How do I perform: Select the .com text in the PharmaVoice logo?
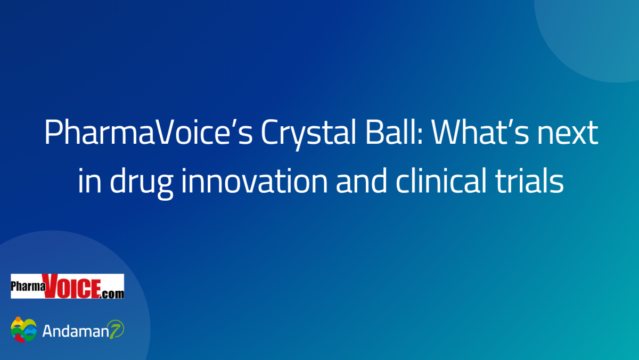click(x=112, y=293)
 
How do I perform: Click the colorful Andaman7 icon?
click(x=23, y=330)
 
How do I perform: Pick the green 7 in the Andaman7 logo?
click(x=116, y=331)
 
